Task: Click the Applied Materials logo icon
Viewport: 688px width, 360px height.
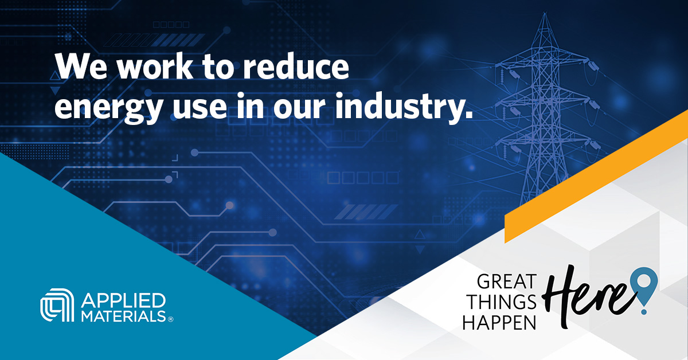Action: click(x=56, y=308)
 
